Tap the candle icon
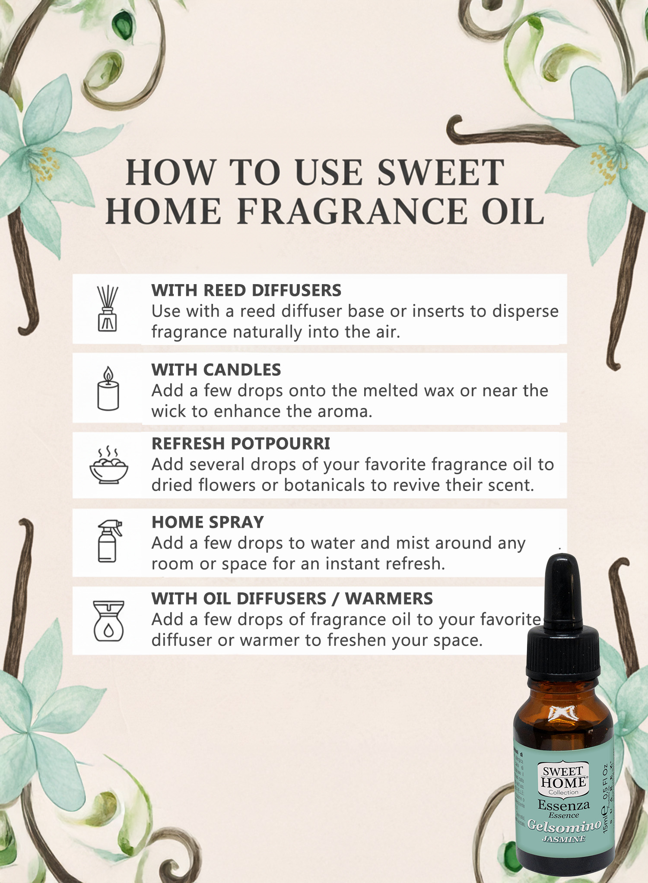tap(108, 389)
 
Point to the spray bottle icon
tap(109, 541)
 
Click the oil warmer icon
tap(108, 620)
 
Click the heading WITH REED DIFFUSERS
tap(246, 291)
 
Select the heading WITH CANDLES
tap(216, 370)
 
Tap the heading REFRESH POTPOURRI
tap(241, 444)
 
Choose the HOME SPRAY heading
tap(207, 522)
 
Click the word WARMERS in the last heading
tap(389, 599)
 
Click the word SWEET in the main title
tap(441, 173)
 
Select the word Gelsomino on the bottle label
tap(564, 826)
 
